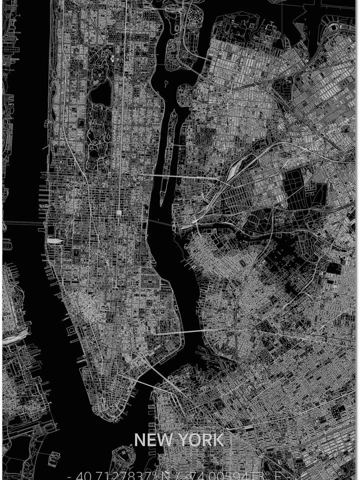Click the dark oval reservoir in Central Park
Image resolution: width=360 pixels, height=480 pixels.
coord(100,93)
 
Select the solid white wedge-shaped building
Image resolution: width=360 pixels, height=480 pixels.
coord(54,241)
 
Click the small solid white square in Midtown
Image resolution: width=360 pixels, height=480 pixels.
coord(119,213)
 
